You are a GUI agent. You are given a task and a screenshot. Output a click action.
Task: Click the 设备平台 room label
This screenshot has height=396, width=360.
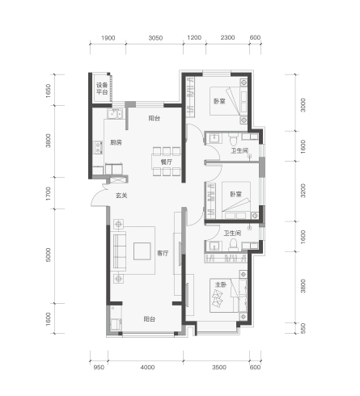102,88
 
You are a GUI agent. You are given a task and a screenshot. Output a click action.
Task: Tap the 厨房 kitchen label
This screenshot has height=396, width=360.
116,142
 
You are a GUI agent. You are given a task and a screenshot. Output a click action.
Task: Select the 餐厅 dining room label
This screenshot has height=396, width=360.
167,162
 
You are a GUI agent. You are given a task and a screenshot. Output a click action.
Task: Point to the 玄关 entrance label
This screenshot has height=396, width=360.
121,196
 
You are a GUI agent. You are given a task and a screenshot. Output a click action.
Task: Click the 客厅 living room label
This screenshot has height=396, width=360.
163,253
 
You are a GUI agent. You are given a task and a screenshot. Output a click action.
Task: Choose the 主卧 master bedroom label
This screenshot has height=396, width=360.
221,284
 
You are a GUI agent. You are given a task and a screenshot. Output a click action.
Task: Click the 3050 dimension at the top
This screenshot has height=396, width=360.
155,38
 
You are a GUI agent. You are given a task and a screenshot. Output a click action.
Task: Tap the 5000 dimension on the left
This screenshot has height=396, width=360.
48,255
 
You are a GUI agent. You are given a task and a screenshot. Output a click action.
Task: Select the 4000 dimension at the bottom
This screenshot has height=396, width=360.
147,367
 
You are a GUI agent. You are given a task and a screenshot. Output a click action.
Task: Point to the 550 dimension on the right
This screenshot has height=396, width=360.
303,328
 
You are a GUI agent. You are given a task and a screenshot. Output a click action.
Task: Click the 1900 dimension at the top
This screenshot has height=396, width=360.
108,38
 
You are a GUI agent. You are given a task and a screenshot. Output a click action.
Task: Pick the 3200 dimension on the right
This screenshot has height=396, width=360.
303,191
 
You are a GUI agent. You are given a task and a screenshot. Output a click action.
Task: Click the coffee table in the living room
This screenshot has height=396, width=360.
142,251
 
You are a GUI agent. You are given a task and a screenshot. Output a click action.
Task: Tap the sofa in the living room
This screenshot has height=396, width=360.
120,251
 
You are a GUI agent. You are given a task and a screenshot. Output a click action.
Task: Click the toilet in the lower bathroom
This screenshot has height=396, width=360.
233,244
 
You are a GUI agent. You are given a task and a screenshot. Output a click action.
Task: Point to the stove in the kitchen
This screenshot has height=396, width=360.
98,148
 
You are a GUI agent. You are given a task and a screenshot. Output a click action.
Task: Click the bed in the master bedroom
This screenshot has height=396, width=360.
224,295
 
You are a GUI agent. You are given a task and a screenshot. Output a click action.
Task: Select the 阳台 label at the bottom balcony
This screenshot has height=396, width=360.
150,319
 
